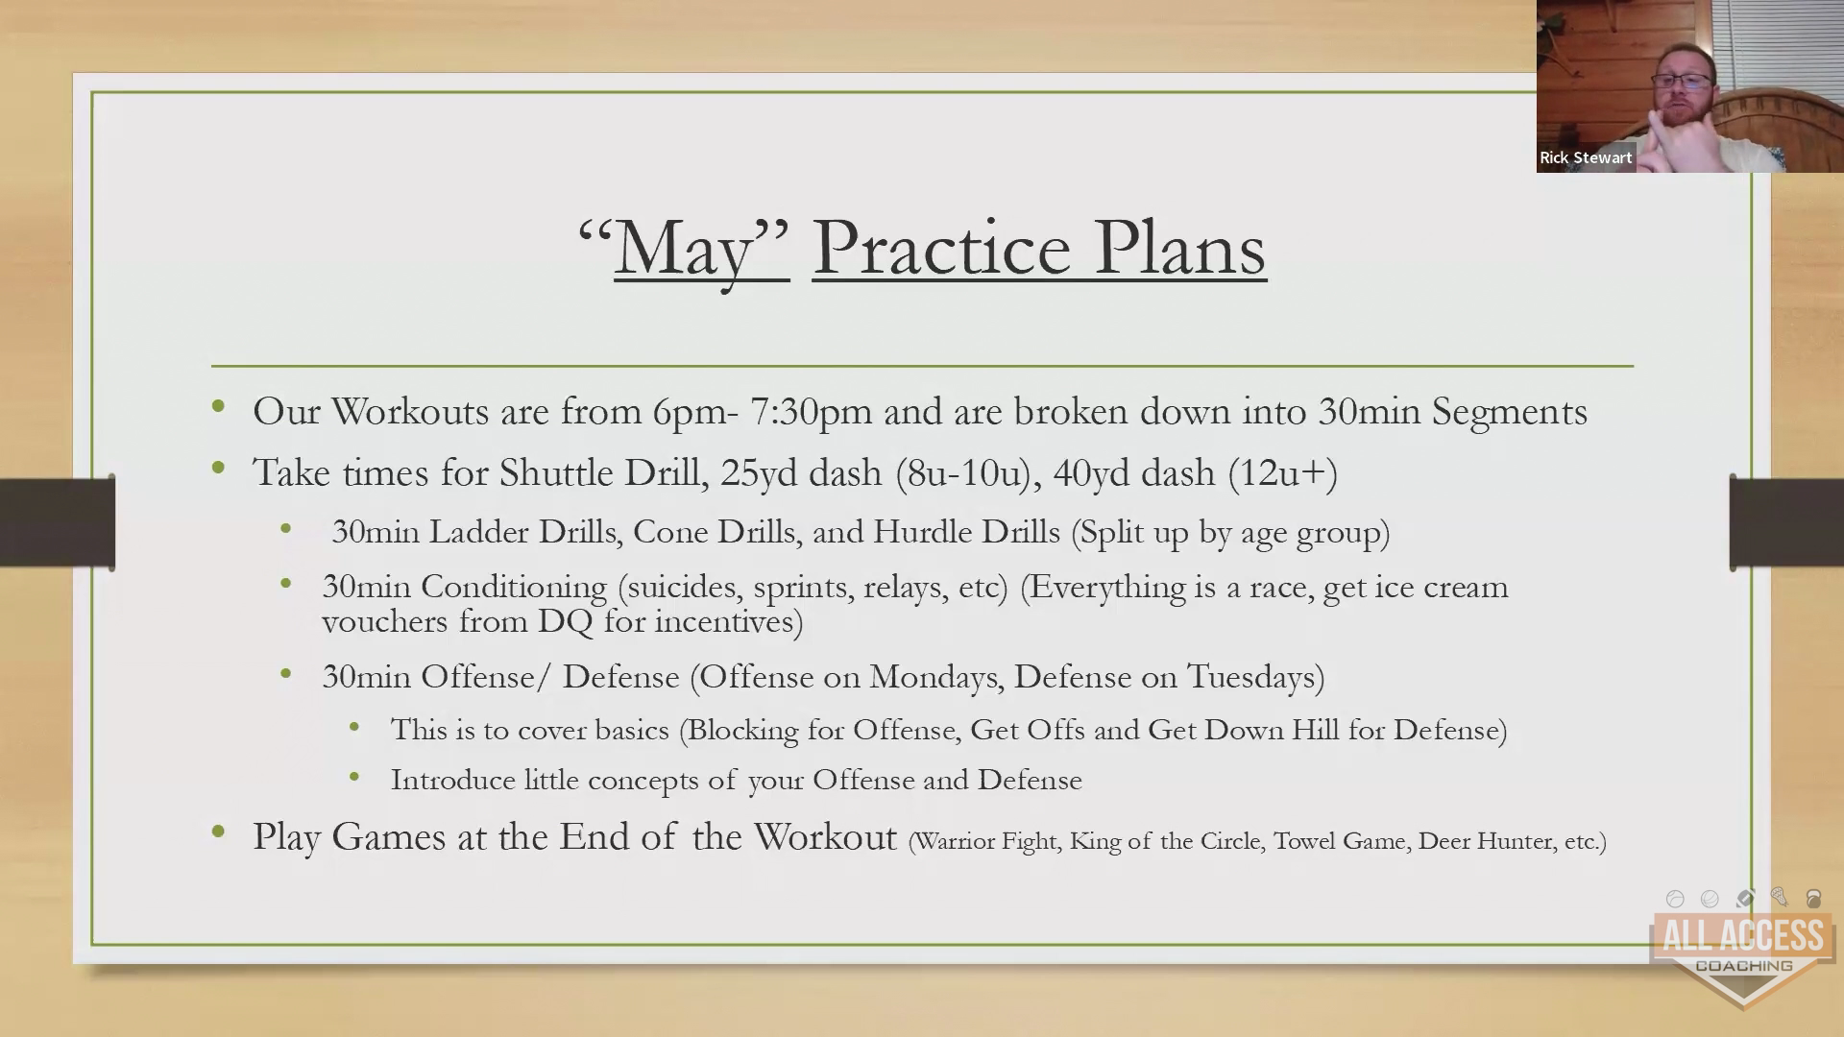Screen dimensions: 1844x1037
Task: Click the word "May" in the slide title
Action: tap(684, 249)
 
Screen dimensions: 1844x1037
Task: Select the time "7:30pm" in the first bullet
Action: tap(811, 411)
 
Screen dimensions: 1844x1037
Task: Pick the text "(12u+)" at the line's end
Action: tap(1283, 473)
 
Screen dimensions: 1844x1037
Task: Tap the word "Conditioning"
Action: tap(514, 588)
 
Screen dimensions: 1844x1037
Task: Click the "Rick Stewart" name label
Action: tap(1586, 157)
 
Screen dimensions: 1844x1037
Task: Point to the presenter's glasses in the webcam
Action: tap(1682, 81)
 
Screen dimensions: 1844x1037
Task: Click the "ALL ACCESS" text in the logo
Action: tap(1743, 935)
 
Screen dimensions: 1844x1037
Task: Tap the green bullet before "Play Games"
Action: tap(219, 832)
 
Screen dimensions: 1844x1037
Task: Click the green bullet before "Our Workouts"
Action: tap(219, 406)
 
